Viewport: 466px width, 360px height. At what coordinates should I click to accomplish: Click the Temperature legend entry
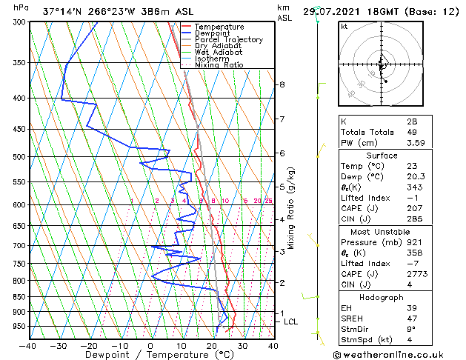click(x=219, y=27)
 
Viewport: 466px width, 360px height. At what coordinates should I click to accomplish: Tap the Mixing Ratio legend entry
click(x=219, y=65)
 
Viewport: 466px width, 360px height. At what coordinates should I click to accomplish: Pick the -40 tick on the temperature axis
click(x=27, y=345)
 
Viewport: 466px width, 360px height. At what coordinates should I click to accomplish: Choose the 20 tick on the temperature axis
click(x=212, y=345)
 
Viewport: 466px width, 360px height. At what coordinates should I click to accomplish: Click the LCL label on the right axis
click(x=290, y=321)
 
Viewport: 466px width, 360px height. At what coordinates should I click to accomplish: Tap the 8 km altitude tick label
click(x=282, y=85)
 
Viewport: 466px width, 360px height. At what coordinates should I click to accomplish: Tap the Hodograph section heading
click(x=382, y=297)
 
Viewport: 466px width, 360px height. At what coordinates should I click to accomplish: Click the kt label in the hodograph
click(x=344, y=27)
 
